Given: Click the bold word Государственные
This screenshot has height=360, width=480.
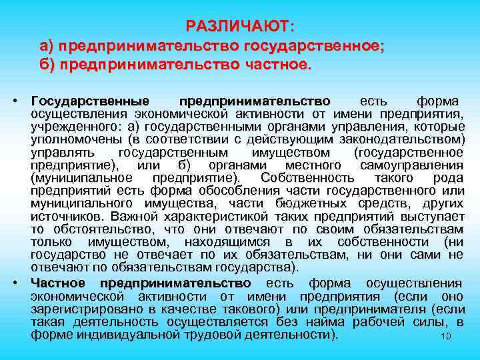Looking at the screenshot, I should click(90, 101).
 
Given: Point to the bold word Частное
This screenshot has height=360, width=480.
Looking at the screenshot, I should click(57, 283).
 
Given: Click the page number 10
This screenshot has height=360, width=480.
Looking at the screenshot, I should click(447, 337).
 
